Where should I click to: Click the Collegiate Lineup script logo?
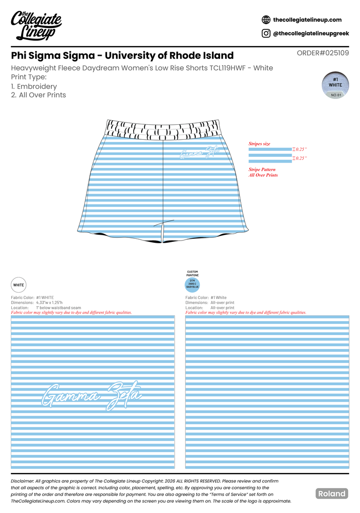tap(36, 26)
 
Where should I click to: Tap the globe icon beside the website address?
tap(266, 20)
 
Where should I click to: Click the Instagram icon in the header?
tap(266, 33)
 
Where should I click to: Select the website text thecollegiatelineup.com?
tap(307, 20)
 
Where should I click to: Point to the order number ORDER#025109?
tap(323, 53)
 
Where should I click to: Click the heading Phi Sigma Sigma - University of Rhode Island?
tap(122, 55)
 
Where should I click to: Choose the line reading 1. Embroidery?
tap(34, 86)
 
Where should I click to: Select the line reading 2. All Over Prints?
tap(38, 95)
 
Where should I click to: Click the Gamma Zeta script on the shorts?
tap(199, 152)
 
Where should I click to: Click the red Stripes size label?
tap(259, 144)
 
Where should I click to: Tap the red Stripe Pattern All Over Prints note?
tap(263, 172)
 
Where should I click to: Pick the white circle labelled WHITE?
tap(18, 285)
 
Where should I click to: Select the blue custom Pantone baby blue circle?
tap(192, 285)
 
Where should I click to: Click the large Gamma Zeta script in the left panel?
tap(91, 395)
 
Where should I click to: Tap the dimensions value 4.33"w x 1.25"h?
tap(49, 303)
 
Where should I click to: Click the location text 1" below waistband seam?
tap(58, 308)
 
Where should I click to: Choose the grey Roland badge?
tap(332, 494)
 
